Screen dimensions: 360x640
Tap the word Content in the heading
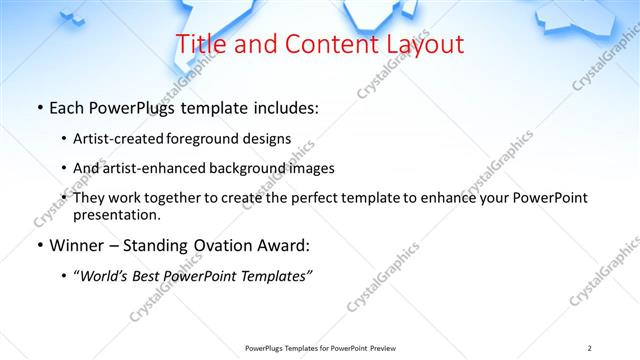[320, 45]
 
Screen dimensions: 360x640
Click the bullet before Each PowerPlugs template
[39, 108]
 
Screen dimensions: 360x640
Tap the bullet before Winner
[39, 246]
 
